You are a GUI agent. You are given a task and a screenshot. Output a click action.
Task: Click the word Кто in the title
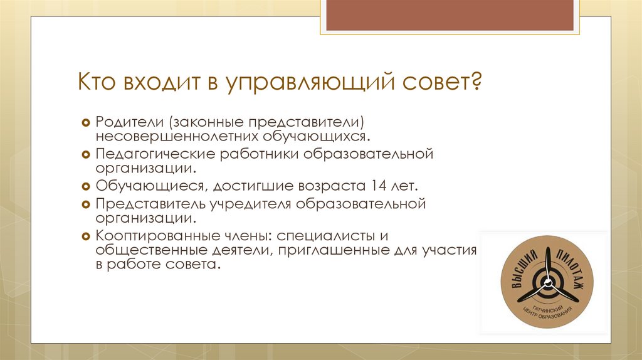96,82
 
